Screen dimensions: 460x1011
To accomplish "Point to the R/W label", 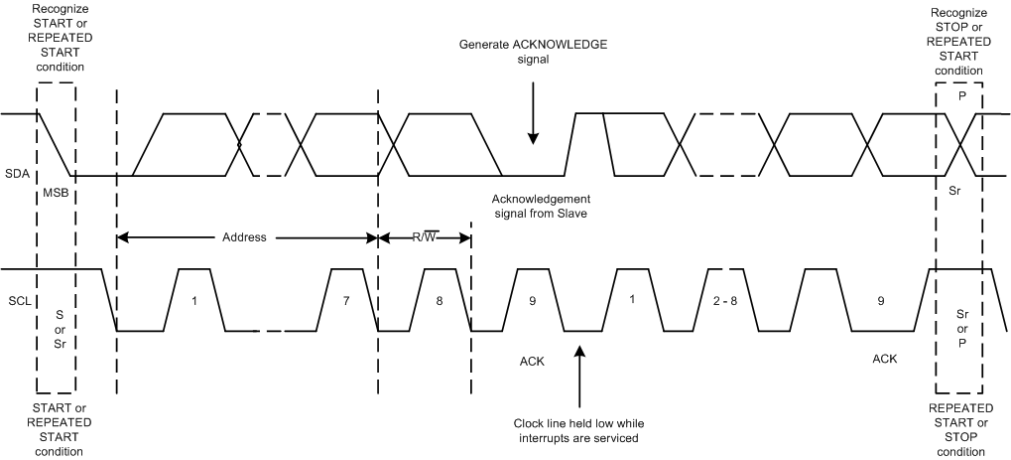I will click(x=426, y=238).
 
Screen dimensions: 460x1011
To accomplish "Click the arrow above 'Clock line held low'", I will click(x=579, y=373).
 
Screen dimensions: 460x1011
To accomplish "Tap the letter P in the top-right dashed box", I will click(x=960, y=99).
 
